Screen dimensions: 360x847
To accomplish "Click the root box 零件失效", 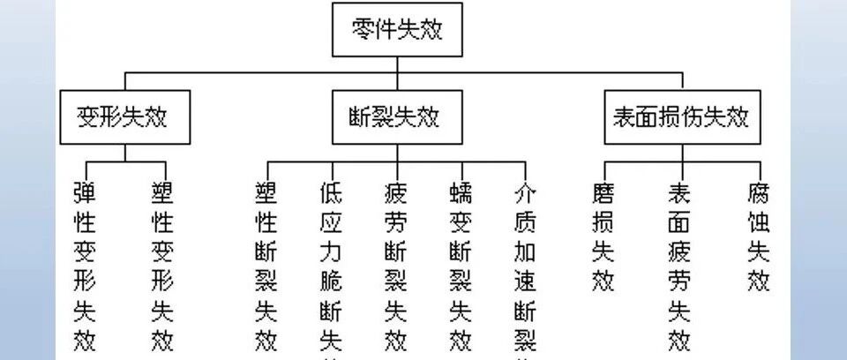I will pyautogui.click(x=396, y=31).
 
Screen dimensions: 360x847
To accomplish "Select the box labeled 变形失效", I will pyautogui.click(x=124, y=115).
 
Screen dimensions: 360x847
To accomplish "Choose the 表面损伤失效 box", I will pyautogui.click(x=680, y=115).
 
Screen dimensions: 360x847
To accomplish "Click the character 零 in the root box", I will pyautogui.click(x=364, y=31).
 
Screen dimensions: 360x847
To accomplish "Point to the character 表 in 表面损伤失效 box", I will pyautogui.click(x=625, y=115).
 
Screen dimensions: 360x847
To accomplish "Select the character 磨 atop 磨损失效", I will pyautogui.click(x=603, y=191).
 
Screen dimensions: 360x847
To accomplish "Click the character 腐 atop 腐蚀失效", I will pyautogui.click(x=758, y=191).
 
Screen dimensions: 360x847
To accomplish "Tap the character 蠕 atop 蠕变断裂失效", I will pyautogui.click(x=460, y=191).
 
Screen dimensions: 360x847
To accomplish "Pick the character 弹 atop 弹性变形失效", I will pyautogui.click(x=85, y=191).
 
